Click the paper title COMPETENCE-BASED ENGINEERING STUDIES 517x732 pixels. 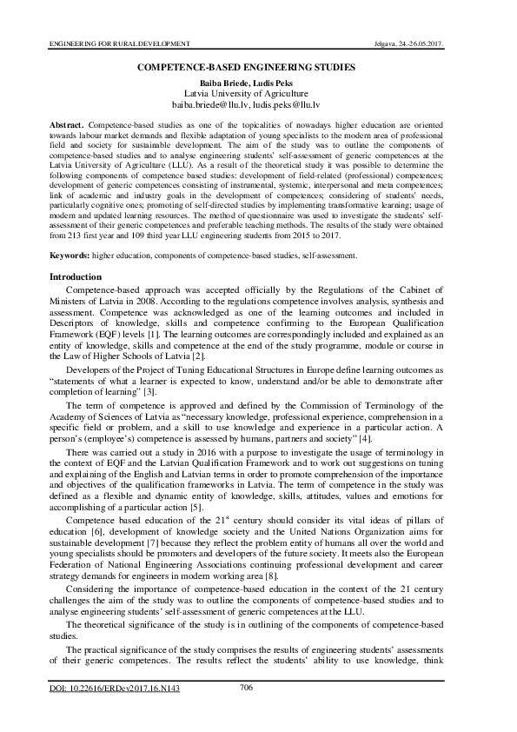258,67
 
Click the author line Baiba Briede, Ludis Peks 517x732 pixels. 258,80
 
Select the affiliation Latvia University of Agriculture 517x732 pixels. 258,91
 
